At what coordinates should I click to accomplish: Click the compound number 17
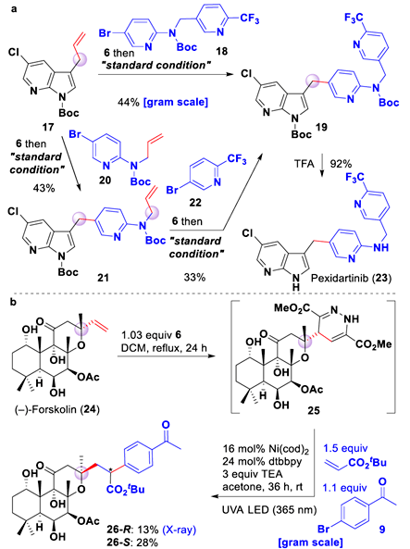click(47, 126)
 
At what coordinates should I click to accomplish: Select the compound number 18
click(221, 51)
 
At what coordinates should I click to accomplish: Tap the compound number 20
click(105, 180)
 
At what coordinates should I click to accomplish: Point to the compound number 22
click(195, 203)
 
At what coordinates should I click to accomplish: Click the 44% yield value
click(129, 102)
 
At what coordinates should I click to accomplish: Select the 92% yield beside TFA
click(341, 164)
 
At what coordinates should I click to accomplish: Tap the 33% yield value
click(194, 278)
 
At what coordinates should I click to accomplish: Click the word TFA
click(304, 164)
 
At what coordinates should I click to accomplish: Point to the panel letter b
click(13, 302)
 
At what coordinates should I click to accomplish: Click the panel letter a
click(14, 8)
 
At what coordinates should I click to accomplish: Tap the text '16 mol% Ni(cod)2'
click(267, 449)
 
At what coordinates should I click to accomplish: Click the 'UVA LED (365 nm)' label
click(269, 510)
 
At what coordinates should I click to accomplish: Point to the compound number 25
click(314, 409)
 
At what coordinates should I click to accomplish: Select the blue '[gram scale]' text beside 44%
click(176, 102)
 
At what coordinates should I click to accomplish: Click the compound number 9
click(382, 529)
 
